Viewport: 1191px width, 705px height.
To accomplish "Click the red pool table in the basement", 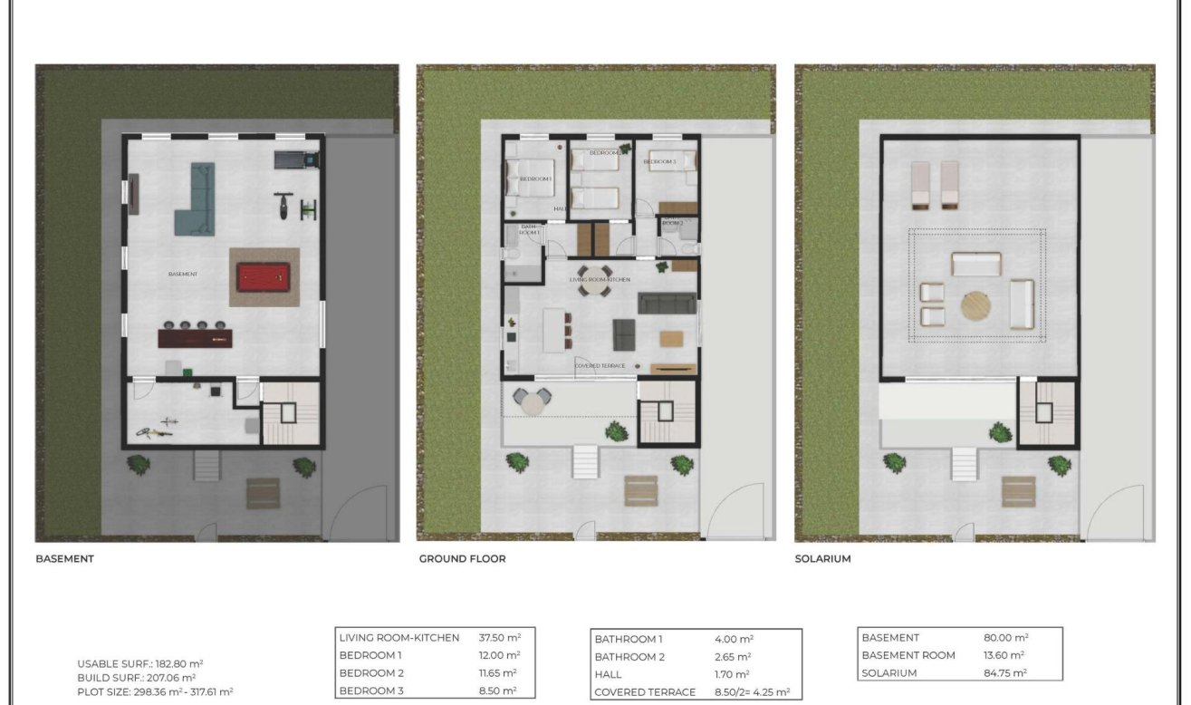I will pyautogui.click(x=264, y=276).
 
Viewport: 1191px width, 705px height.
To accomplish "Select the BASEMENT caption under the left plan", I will pyautogui.click(x=64, y=559).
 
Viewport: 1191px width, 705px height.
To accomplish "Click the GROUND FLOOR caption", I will pyautogui.click(x=462, y=559).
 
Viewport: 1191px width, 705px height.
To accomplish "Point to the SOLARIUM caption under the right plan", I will pyautogui.click(x=822, y=559).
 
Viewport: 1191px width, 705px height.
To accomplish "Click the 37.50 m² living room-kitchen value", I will pyautogui.click(x=499, y=638).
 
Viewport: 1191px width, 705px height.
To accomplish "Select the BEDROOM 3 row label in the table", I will pyautogui.click(x=370, y=691).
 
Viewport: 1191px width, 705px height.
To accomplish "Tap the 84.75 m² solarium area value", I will pyautogui.click(x=1005, y=673).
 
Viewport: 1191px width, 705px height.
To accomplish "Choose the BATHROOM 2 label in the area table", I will pyautogui.click(x=629, y=657).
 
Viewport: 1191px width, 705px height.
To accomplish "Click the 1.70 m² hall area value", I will pyautogui.click(x=732, y=675).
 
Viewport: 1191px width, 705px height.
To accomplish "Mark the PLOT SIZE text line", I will pyautogui.click(x=155, y=691).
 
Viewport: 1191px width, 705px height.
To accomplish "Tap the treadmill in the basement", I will pyautogui.click(x=298, y=160).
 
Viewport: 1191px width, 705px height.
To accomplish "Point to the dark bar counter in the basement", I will pyautogui.click(x=195, y=338).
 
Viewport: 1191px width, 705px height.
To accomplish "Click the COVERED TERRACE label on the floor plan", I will pyautogui.click(x=600, y=365).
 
